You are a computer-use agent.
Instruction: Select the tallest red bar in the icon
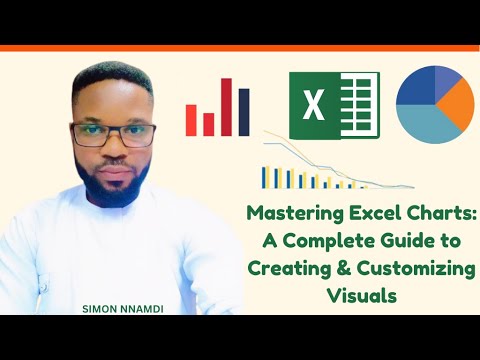click(x=225, y=104)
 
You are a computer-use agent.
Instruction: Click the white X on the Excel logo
click(x=312, y=106)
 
